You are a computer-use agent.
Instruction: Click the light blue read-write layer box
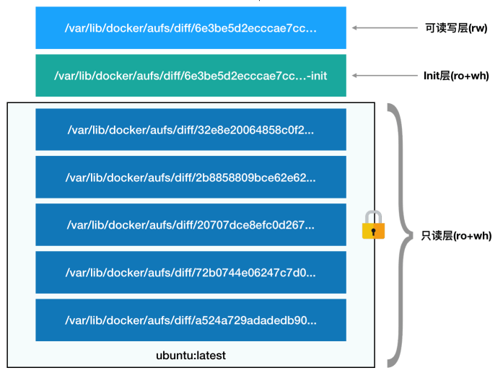191,27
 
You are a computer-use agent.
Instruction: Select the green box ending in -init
191,75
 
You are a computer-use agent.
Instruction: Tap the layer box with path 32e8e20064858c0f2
191,130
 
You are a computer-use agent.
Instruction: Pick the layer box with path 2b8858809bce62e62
191,177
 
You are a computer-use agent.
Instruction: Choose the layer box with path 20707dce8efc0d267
191,225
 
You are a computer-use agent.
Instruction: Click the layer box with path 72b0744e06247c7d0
191,273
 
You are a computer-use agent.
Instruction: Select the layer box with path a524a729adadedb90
191,320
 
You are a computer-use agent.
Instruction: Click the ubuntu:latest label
191,356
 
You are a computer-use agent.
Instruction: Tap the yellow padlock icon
372,226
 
